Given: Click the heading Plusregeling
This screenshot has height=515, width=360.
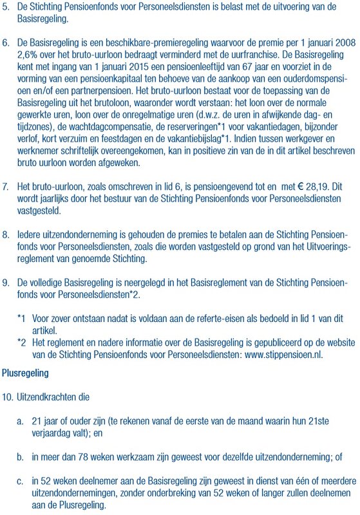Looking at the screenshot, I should [x=25, y=373].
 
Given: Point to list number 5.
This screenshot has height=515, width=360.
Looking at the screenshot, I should [x=6, y=6].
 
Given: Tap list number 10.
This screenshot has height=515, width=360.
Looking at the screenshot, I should [x=8, y=398].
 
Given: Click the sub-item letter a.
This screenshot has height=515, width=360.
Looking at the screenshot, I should [x=21, y=420].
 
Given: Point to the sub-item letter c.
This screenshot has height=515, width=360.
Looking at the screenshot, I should [x=21, y=481].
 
